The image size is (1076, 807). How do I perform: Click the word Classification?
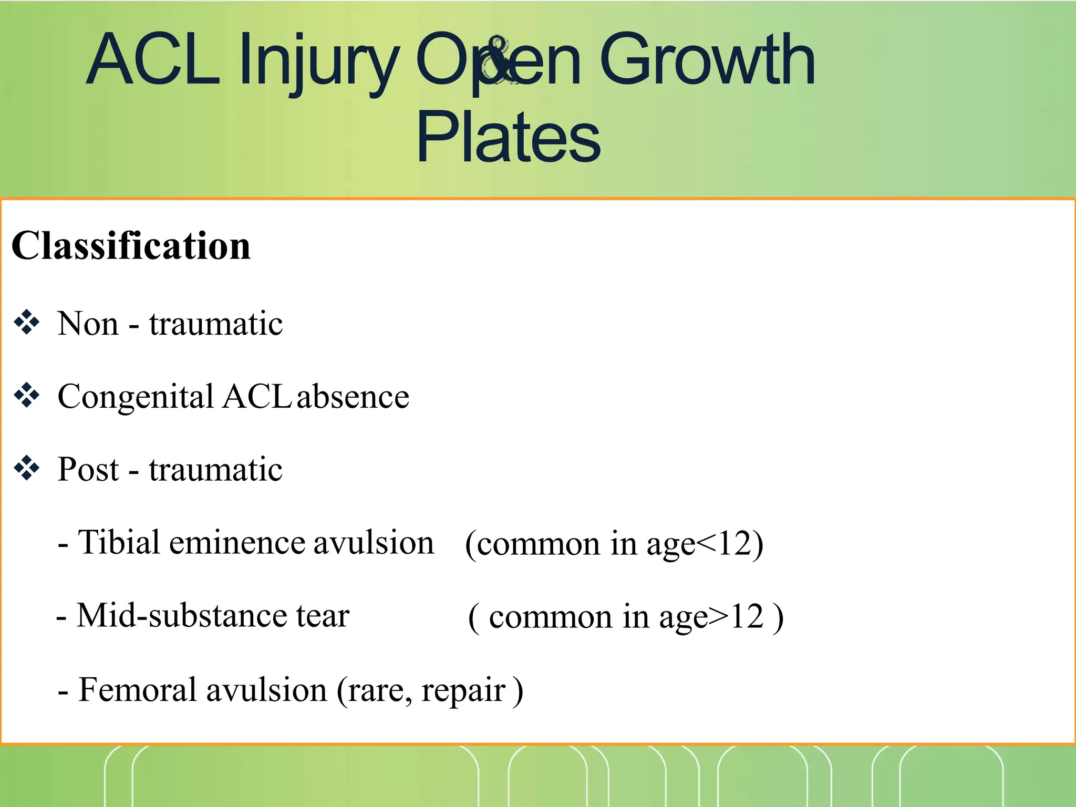131,246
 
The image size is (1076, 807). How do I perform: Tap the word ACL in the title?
153,59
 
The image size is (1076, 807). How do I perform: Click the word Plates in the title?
508,138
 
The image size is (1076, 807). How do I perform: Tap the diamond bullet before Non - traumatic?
27,323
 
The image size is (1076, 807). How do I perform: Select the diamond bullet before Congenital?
27,396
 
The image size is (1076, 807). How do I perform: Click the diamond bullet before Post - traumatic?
27,469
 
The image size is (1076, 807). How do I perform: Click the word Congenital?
135,397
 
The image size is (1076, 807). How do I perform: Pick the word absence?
353,397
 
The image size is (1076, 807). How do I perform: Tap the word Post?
88,469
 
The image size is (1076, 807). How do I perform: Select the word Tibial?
119,542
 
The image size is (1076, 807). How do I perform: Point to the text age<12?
699,544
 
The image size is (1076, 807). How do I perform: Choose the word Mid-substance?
182,616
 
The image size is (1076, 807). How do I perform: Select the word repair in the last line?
463,691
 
